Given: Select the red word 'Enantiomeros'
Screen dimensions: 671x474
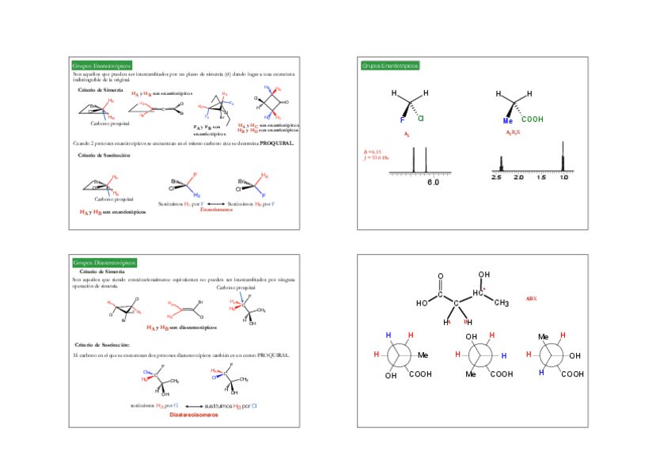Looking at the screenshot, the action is point(216,210).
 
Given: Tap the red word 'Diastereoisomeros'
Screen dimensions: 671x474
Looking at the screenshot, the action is point(193,414).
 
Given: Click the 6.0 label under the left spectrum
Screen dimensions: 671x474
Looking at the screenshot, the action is point(433,183).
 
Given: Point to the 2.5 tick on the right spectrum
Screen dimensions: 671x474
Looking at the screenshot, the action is point(497,177).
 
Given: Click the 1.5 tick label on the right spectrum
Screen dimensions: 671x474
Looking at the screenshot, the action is point(540,177).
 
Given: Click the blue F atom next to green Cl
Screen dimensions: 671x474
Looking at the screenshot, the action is point(402,120).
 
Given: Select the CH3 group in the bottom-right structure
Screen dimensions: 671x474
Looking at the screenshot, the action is point(501,301).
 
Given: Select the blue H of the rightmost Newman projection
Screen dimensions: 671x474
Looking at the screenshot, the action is point(541,372).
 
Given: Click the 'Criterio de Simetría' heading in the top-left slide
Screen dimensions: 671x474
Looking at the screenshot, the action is point(100,89).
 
